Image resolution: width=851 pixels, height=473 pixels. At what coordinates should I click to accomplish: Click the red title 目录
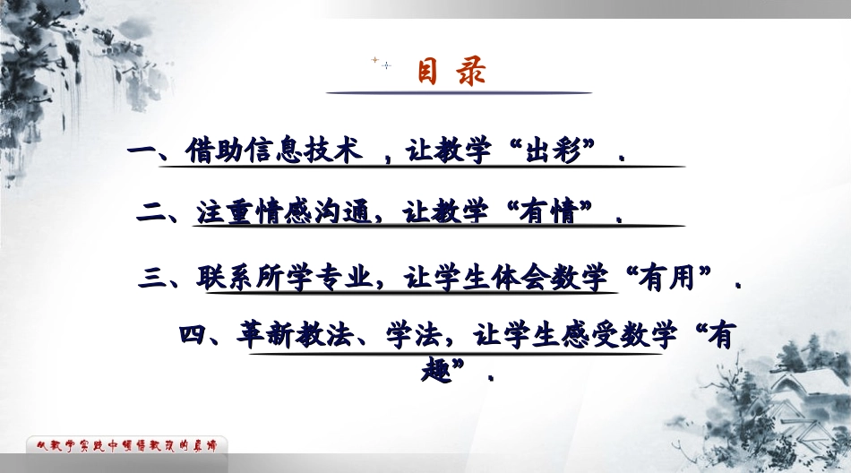[452, 72]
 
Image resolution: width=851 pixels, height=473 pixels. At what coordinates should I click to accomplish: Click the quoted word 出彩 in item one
[557, 150]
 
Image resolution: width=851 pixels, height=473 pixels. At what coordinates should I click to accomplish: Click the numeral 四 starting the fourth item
[193, 337]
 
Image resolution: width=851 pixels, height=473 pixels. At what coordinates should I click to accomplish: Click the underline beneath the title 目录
[458, 92]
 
